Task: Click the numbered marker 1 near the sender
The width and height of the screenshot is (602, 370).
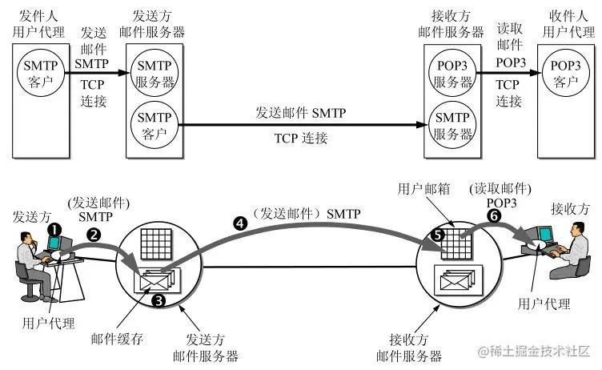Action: coord(54,228)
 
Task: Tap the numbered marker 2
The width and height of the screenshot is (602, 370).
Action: coord(94,235)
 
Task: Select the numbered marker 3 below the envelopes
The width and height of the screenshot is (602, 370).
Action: coord(158,300)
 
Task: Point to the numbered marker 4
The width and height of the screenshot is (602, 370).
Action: coord(239,224)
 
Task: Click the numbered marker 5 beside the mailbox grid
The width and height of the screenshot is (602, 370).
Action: coord(436,235)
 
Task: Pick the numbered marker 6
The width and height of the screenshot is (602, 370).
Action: coord(494,216)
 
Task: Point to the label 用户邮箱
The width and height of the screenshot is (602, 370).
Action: coord(421,187)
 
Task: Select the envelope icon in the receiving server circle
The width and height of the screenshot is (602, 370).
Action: coord(455,281)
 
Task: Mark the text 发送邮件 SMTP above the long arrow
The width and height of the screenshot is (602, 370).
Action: coord(300,114)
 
